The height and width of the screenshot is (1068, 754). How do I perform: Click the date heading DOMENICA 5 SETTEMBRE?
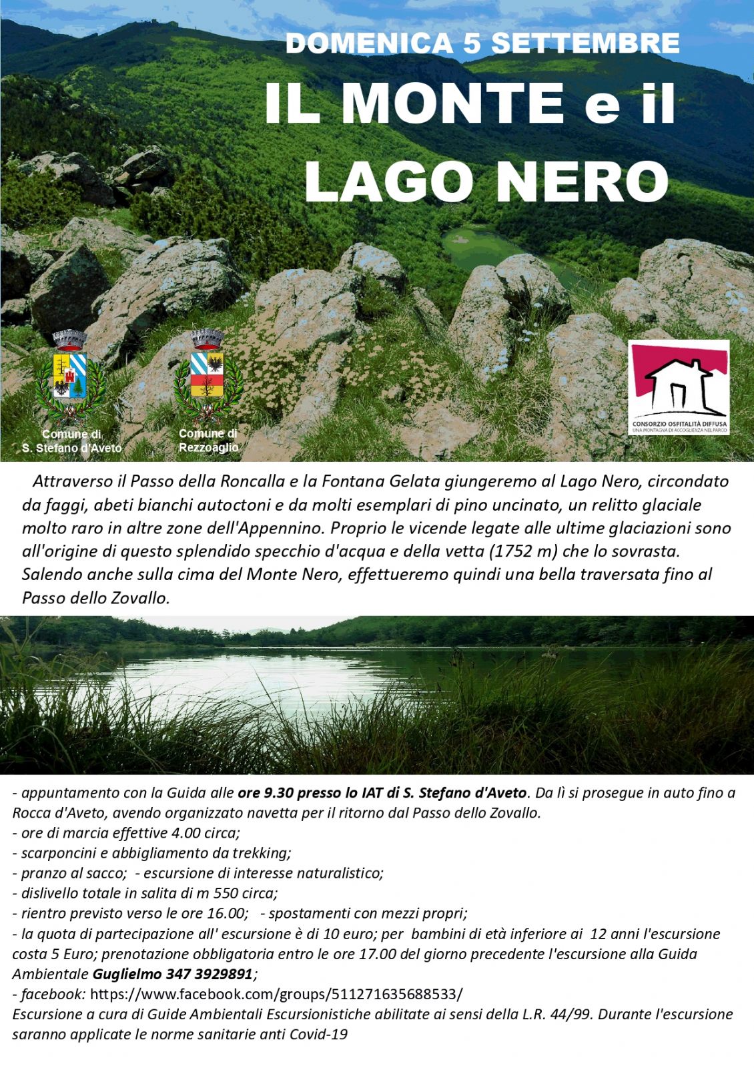482,43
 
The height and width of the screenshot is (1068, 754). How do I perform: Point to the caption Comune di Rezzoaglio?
208,441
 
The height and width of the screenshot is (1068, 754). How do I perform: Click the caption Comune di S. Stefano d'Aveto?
72,441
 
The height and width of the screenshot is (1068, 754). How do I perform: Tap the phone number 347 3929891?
210,974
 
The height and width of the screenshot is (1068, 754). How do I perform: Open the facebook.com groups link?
276,994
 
